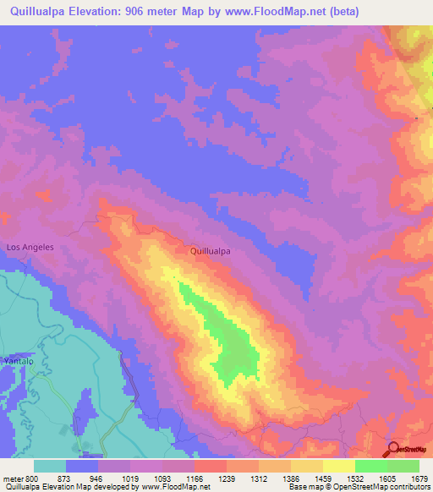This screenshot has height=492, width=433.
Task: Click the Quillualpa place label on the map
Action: [x=211, y=251]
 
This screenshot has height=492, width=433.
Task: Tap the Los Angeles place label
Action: [x=30, y=247]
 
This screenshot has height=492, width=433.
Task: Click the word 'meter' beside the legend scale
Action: [x=10, y=478]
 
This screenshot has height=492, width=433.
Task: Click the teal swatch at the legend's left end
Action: [x=50, y=466]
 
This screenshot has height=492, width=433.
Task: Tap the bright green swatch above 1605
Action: [x=370, y=466]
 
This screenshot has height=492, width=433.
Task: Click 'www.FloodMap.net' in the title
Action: [x=277, y=11]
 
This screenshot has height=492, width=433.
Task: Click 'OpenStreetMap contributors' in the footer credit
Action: [x=386, y=487]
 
